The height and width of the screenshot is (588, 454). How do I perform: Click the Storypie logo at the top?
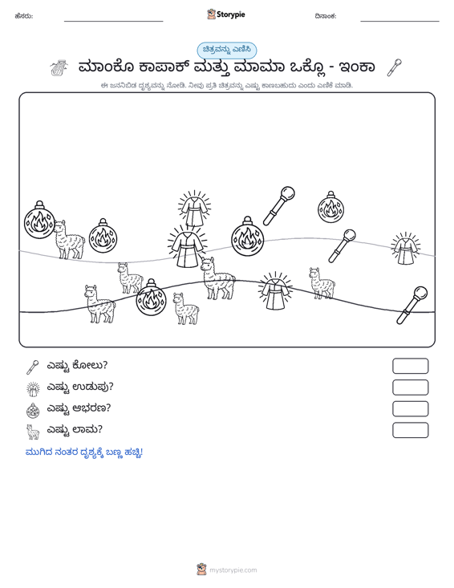tap(226, 14)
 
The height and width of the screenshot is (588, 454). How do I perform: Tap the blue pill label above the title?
tap(227, 50)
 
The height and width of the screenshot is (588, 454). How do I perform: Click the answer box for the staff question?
tap(410, 366)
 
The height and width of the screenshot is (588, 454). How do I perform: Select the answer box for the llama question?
tap(410, 430)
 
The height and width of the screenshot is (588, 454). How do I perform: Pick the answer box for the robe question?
tap(410, 387)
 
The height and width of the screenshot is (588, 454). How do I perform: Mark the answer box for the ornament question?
tap(410, 409)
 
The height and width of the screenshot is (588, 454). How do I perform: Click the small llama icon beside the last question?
tap(33, 432)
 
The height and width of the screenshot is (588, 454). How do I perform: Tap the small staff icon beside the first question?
tap(33, 367)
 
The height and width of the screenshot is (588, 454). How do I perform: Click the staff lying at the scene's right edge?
tap(412, 306)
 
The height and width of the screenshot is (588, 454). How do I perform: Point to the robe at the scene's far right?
tap(405, 248)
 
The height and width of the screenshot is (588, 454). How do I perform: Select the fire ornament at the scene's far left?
tap(39, 220)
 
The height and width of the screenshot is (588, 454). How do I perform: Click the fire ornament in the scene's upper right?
tap(330, 207)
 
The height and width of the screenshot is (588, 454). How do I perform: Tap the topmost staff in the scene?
tap(279, 206)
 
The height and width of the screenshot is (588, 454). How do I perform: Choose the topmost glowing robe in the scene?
tap(194, 209)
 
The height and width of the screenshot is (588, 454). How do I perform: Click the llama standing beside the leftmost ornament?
tap(68, 240)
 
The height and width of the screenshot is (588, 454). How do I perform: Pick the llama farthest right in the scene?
tap(322, 283)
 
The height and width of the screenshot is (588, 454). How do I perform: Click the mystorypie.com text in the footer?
tap(233, 570)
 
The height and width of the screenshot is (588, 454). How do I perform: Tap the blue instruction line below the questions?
tap(84, 452)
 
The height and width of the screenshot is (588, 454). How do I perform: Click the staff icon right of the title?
tap(395, 67)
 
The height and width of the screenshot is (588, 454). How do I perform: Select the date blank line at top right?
tap(399, 21)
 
